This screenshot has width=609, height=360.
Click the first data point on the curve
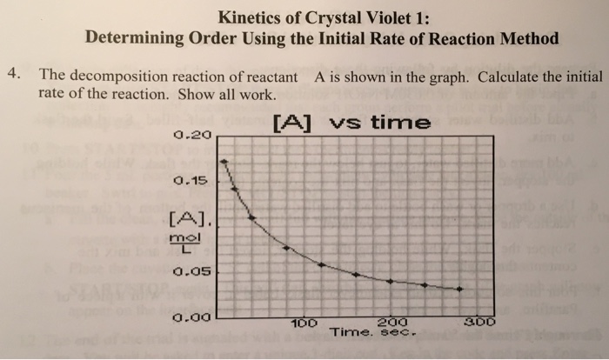point(224,162)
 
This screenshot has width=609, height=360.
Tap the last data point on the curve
point(460,289)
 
